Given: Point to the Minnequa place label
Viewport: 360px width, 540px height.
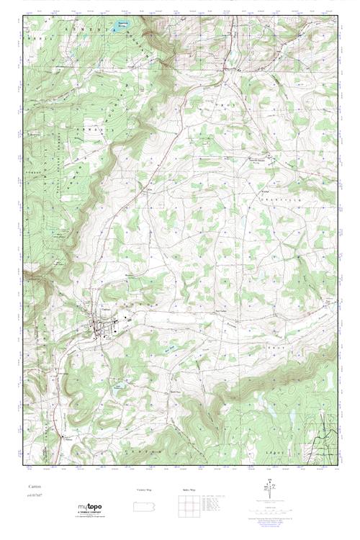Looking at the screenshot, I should coord(130,274).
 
